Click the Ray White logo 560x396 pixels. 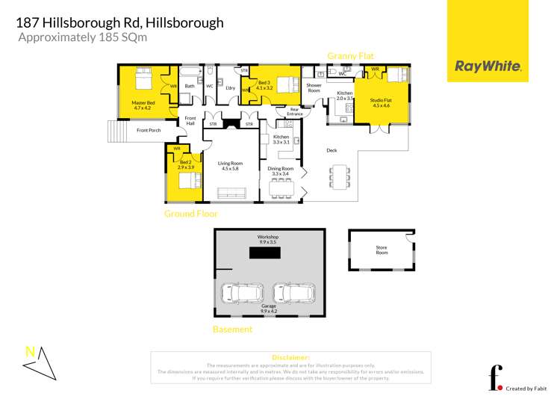point(488,66)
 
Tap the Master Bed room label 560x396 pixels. point(143,105)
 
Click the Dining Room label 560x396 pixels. point(281,171)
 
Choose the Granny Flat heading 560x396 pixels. point(351,55)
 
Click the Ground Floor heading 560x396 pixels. point(191,214)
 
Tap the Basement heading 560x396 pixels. point(232,329)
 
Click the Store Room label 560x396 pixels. point(382,250)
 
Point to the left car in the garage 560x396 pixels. point(240,292)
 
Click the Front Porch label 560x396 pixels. point(149,131)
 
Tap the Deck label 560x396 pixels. point(332,150)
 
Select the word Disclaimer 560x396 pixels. point(290,357)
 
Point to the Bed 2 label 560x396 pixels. point(186,165)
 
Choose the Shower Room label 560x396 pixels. point(314,87)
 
